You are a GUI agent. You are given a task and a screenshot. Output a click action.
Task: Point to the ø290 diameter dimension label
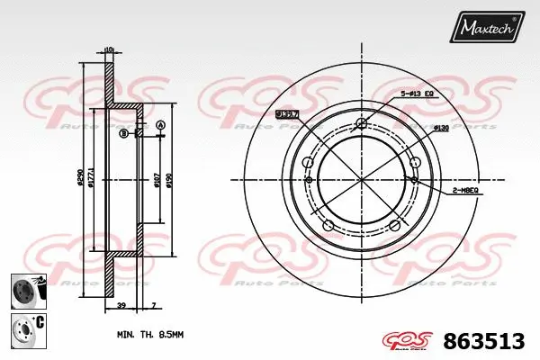point(82,181)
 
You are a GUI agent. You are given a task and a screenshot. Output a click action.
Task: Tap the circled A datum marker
point(160,124)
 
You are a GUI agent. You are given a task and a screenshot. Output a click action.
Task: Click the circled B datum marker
point(123,134)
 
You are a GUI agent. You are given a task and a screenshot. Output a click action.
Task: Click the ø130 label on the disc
point(442,128)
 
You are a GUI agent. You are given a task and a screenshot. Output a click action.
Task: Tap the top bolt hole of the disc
point(362,123)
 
